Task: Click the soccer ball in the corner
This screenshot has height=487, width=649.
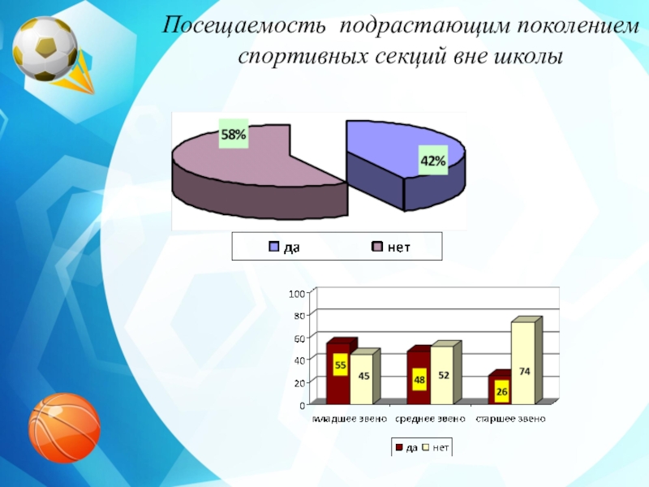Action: (x=45, y=49)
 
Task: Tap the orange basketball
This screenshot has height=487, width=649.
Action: (x=64, y=428)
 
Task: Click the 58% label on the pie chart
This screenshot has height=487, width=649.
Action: (x=234, y=136)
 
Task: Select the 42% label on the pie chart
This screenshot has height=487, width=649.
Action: (x=432, y=161)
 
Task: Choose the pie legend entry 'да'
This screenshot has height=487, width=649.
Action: (x=285, y=247)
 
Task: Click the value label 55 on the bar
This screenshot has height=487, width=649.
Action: (x=341, y=365)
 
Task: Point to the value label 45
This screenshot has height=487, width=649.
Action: (x=364, y=375)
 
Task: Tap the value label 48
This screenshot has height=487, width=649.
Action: (x=419, y=379)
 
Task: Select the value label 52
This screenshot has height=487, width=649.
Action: (x=444, y=375)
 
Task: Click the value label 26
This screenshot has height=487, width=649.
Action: (x=501, y=391)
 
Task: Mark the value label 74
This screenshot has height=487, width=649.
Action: (x=525, y=371)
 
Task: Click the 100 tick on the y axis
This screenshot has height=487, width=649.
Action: (x=298, y=293)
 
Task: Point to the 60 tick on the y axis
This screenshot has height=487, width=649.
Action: (x=299, y=338)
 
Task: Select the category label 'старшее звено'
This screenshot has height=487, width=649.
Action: (x=510, y=420)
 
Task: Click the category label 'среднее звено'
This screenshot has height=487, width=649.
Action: (x=430, y=420)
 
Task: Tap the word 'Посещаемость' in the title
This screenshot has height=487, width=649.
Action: (x=247, y=25)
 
